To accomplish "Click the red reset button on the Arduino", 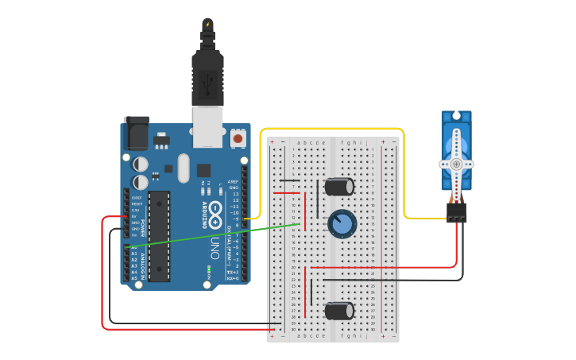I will click(238, 139).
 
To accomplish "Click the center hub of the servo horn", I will click(457, 165).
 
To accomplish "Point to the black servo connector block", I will click(457, 212).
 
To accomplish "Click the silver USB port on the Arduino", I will click(208, 127).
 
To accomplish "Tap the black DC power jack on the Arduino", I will click(136, 133).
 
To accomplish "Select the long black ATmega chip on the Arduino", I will click(159, 236).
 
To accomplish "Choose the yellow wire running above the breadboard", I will click(334, 129).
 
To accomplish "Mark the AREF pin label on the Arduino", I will click(234, 181).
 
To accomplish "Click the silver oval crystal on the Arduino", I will click(184, 168).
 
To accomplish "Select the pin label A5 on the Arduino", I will click(134, 277).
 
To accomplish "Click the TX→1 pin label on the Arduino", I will click(233, 272).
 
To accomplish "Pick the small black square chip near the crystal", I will click(204, 170).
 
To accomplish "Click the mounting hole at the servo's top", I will click(457, 116).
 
